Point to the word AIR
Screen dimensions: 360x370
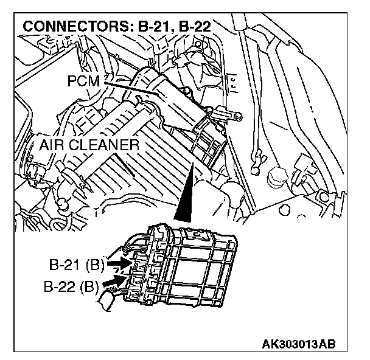tap(54, 145)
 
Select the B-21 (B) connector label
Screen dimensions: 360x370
tap(75, 265)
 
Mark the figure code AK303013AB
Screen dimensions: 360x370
tap(299, 345)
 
